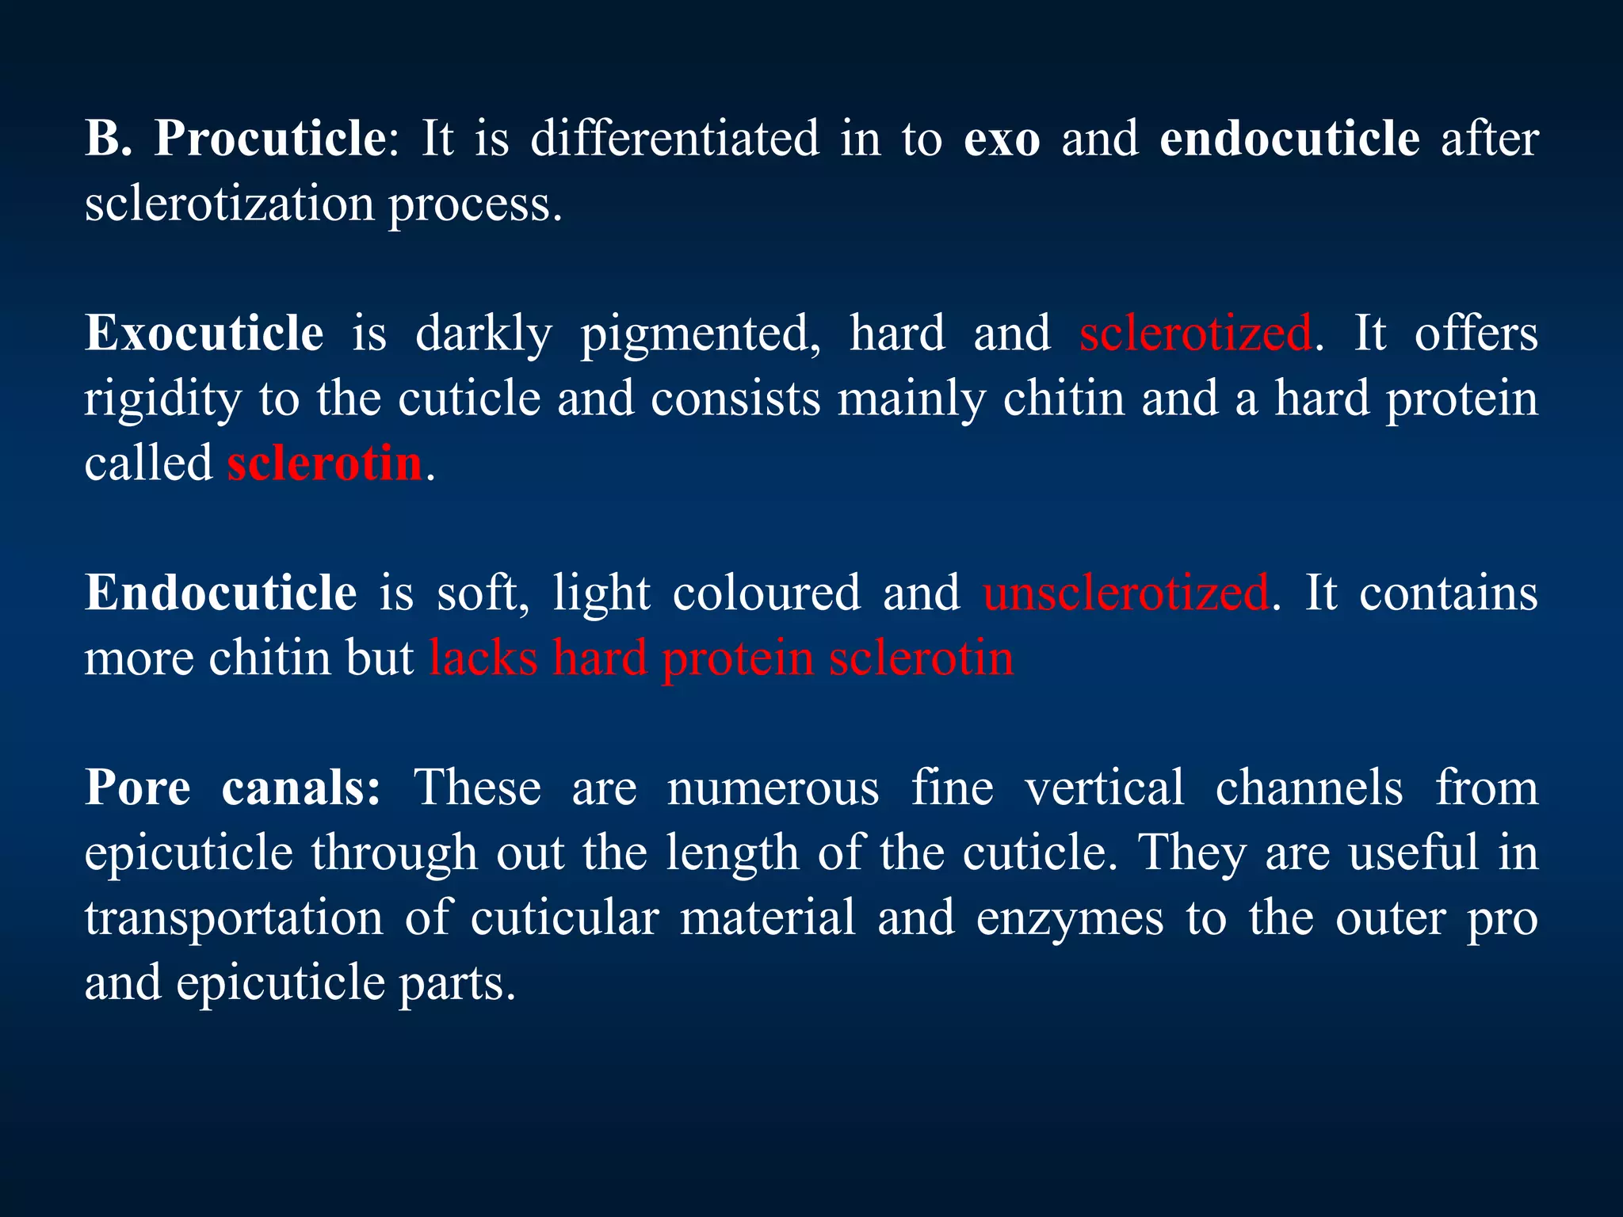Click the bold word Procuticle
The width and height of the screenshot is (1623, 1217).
coord(269,139)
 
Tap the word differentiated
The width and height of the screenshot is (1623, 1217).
coord(674,139)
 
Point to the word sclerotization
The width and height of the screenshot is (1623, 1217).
coord(230,204)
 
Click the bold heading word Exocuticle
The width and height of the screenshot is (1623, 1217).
coord(204,333)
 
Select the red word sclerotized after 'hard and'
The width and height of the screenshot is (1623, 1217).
coord(1195,333)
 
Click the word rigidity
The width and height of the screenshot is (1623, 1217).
coord(162,399)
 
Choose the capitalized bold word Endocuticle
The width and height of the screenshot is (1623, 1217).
coord(221,593)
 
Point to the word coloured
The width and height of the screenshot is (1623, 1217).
coord(766,594)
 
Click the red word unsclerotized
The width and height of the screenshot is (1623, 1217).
coord(1125,593)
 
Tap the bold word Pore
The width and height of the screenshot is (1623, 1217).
coord(138,788)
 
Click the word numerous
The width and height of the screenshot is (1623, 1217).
coord(773,790)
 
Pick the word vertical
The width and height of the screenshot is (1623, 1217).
coord(1105,788)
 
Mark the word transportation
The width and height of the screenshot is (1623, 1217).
coord(234,919)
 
